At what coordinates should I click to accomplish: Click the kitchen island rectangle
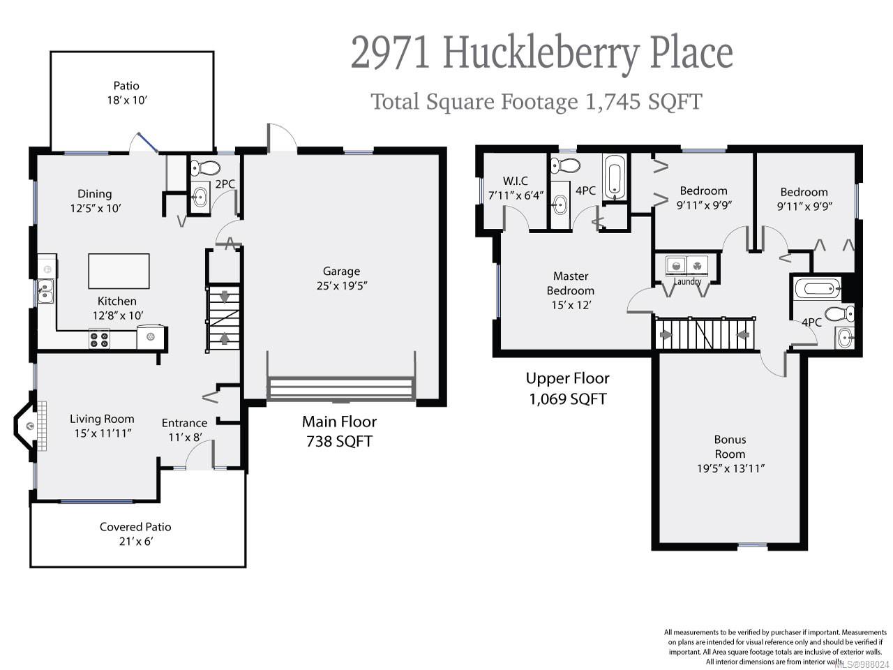(x=119, y=271)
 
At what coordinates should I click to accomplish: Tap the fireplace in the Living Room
(x=29, y=426)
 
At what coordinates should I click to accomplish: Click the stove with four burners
(x=99, y=340)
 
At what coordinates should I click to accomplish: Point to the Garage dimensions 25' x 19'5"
(x=341, y=285)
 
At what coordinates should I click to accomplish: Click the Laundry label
(x=687, y=282)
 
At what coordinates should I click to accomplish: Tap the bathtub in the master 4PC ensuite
(x=615, y=177)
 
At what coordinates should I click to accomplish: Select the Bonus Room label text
(x=730, y=447)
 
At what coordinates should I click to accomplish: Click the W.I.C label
(x=516, y=181)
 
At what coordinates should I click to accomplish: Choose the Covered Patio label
(x=135, y=527)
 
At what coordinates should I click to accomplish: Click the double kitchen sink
(x=45, y=291)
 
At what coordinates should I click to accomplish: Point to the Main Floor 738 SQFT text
(x=339, y=431)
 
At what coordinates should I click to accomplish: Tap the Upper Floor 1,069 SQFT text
(x=567, y=388)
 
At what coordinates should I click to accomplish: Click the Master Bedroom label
(x=570, y=283)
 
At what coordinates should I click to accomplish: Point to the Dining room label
(x=94, y=194)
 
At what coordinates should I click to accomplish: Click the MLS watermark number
(x=862, y=664)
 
